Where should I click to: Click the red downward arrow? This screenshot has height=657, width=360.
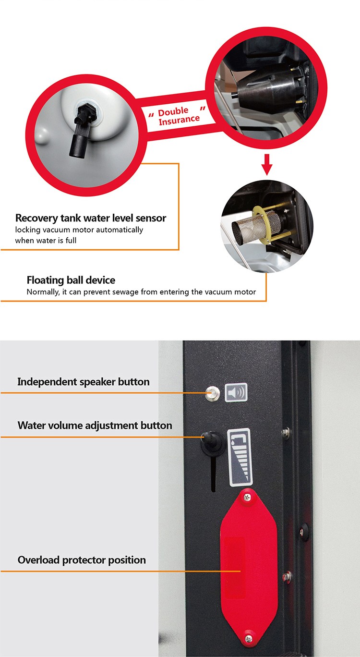tap(267, 165)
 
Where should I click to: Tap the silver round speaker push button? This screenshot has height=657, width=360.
tap(212, 393)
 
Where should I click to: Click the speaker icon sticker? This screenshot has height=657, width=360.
tap(236, 392)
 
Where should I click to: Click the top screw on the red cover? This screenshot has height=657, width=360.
tap(248, 497)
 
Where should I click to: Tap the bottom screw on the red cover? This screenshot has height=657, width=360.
tap(249, 638)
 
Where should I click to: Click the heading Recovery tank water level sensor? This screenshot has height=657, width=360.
tap(91, 218)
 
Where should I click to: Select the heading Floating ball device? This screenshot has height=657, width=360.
tap(71, 280)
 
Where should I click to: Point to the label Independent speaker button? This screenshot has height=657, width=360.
tap(83, 382)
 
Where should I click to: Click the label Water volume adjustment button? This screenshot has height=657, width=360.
tap(95, 426)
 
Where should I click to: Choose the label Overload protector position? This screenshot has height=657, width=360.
tap(82, 560)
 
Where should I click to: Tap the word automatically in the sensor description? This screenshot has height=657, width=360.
tap(120, 230)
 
